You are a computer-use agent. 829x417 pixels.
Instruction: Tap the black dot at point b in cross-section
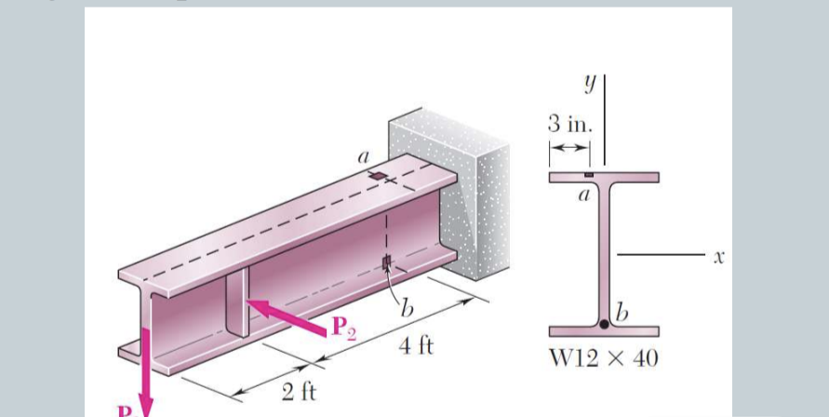click(605, 324)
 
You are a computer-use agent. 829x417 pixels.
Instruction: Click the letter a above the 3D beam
click(364, 159)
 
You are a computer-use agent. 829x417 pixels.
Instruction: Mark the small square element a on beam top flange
click(377, 176)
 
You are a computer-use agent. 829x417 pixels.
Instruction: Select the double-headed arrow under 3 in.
click(568, 148)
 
